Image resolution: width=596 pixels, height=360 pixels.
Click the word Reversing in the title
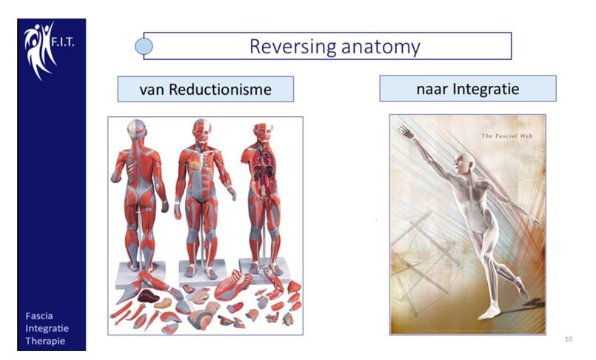(x=292, y=47)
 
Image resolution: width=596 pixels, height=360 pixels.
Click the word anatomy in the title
(x=381, y=47)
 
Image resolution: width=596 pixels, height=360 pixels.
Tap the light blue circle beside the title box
(x=144, y=47)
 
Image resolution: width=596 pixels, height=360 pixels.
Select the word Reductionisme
(x=220, y=90)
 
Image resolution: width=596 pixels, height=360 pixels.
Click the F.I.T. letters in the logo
(x=63, y=41)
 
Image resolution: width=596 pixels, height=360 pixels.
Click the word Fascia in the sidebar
(x=39, y=316)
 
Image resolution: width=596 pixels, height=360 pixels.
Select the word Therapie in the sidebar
(x=45, y=341)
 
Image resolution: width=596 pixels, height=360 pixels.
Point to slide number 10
(x=569, y=339)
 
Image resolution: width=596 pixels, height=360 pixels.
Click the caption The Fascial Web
(x=507, y=136)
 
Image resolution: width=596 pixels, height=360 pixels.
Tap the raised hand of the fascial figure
(x=405, y=132)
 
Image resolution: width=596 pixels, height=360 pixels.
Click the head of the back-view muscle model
(x=136, y=129)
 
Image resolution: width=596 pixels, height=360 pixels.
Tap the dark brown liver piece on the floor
(x=148, y=296)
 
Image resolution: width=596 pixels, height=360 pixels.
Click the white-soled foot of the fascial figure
(x=488, y=313)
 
